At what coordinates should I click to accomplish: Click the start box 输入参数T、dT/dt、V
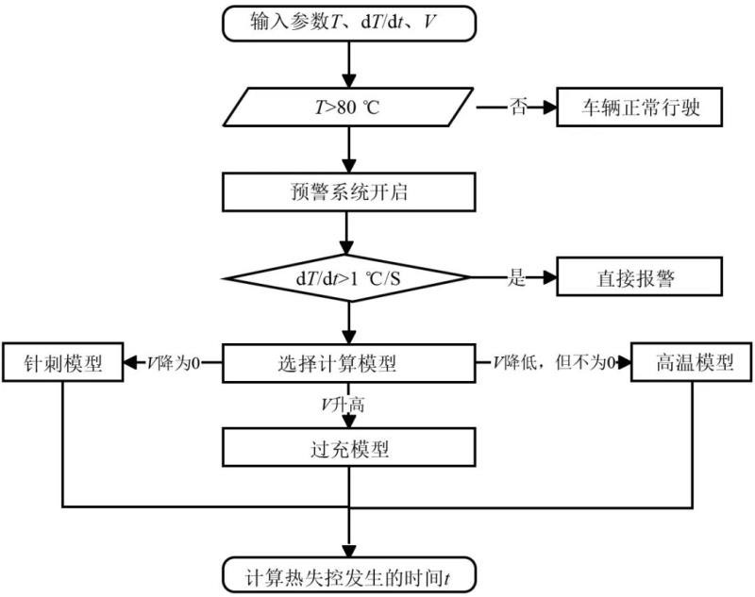(348, 24)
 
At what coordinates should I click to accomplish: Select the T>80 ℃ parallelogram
(348, 108)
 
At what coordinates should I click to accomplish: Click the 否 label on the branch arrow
(517, 108)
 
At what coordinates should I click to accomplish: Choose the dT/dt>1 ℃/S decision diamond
(348, 277)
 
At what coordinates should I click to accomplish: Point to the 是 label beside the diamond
(516, 277)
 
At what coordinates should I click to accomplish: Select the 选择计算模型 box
(348, 361)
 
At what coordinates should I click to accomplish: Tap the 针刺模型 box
(63, 362)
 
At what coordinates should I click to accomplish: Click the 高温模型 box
(695, 362)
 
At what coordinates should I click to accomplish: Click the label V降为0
(175, 362)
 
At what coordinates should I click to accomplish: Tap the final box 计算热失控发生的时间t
(348, 573)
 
